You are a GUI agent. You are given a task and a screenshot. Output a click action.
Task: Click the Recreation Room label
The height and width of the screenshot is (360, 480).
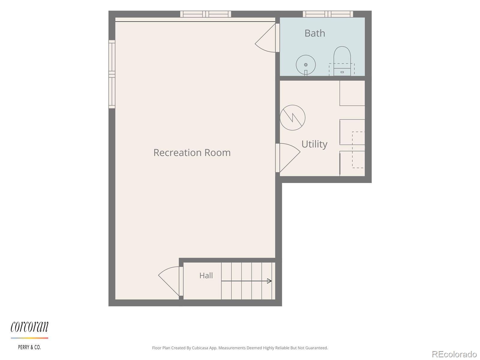[x=192, y=153]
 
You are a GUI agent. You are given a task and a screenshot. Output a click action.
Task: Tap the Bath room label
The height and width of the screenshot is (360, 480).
[x=315, y=33]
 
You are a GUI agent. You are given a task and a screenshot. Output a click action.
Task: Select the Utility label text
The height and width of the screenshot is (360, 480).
[x=314, y=144]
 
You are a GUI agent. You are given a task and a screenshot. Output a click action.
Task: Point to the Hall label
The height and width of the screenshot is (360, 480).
[x=206, y=275]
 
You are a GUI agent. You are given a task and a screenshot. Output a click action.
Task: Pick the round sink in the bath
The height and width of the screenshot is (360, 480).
[x=306, y=65]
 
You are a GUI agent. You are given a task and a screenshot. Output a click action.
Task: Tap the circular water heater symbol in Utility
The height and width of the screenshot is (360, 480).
[x=292, y=118]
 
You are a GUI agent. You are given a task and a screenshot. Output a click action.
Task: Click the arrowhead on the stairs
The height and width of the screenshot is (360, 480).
[x=269, y=281]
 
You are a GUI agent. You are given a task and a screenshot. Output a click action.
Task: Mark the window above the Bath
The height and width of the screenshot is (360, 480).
[x=328, y=14]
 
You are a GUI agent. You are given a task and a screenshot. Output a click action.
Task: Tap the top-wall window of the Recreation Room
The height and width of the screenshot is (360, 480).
[x=205, y=14]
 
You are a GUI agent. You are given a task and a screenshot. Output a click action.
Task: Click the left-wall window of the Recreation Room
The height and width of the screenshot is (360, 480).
[x=112, y=74]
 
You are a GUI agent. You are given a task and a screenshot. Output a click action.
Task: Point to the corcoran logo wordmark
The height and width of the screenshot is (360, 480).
[x=29, y=327]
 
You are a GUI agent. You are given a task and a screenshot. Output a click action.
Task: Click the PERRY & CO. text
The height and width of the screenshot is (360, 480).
[x=29, y=347]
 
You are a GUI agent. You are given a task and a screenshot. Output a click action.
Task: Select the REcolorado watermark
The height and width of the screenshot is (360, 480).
[x=454, y=354]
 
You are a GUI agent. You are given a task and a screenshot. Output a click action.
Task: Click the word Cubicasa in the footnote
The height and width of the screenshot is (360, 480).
[x=200, y=348]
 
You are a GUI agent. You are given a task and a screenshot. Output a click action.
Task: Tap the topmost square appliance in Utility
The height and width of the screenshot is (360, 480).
[x=352, y=93]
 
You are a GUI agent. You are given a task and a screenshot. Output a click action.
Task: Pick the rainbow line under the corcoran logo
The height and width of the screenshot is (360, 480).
[x=29, y=338]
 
